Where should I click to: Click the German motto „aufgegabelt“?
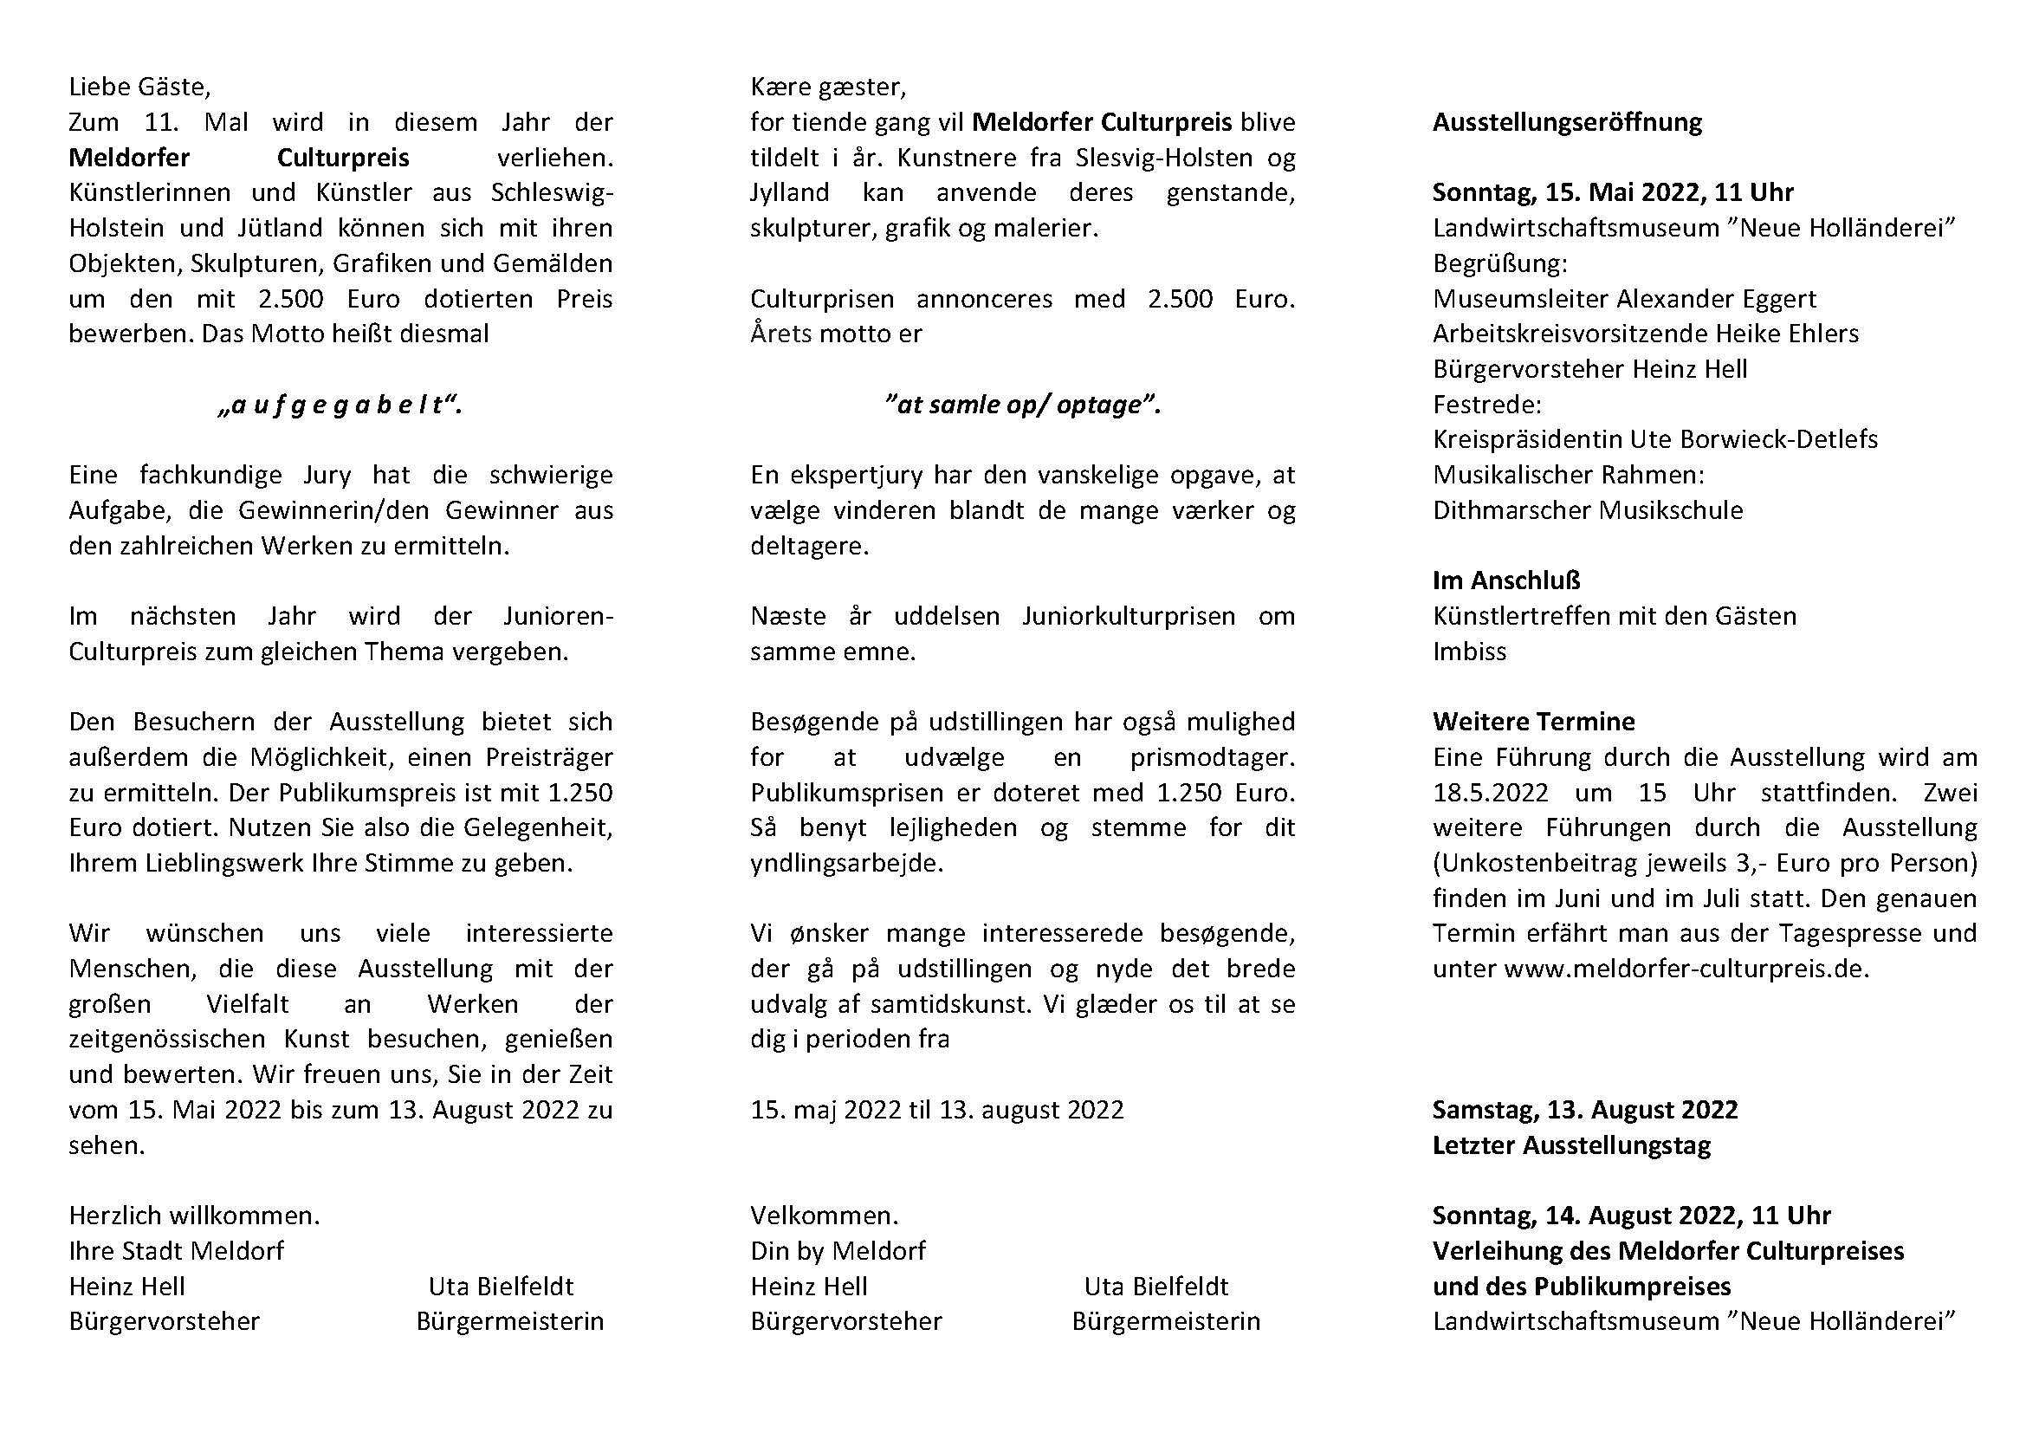click(x=340, y=405)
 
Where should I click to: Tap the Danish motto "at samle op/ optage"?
click(x=1022, y=405)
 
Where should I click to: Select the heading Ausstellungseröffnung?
click(x=1567, y=122)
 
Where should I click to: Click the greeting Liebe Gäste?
click(x=139, y=87)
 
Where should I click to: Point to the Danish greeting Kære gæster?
click(x=828, y=87)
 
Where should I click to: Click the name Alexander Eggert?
click(x=1716, y=299)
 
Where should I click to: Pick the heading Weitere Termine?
click(x=1534, y=722)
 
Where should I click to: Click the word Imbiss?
click(x=1469, y=652)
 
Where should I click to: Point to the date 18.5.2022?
click(x=1491, y=793)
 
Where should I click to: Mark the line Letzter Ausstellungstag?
click(x=1571, y=1145)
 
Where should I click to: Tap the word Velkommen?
click(x=824, y=1216)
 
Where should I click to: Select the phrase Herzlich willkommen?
click(x=194, y=1216)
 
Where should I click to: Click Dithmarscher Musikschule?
click(x=1588, y=510)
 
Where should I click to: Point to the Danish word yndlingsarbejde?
click(x=846, y=863)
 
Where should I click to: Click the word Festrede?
click(x=1487, y=405)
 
